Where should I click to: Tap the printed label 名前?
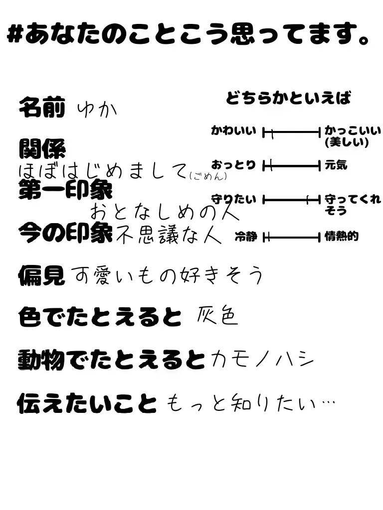pos(41,107)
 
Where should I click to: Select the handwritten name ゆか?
pos(97,109)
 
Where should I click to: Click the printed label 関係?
pos(41,148)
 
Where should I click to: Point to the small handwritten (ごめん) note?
pos(208,175)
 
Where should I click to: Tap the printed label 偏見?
pos(41,275)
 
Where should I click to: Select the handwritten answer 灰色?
pos(218,316)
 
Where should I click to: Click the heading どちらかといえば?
pos(288,98)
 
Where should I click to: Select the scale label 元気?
pos(336,165)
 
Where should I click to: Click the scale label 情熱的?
pos(342,237)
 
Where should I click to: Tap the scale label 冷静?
pos(245,237)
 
